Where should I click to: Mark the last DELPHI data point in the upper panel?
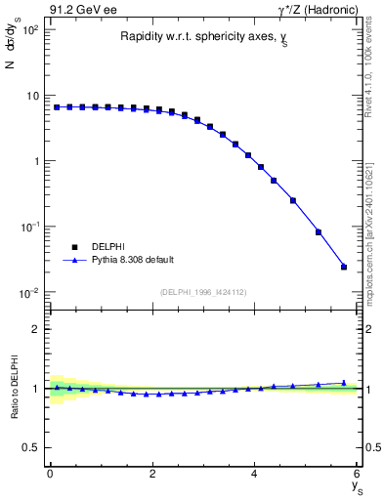coord(344,267)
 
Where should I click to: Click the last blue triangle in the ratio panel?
coord(344,383)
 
